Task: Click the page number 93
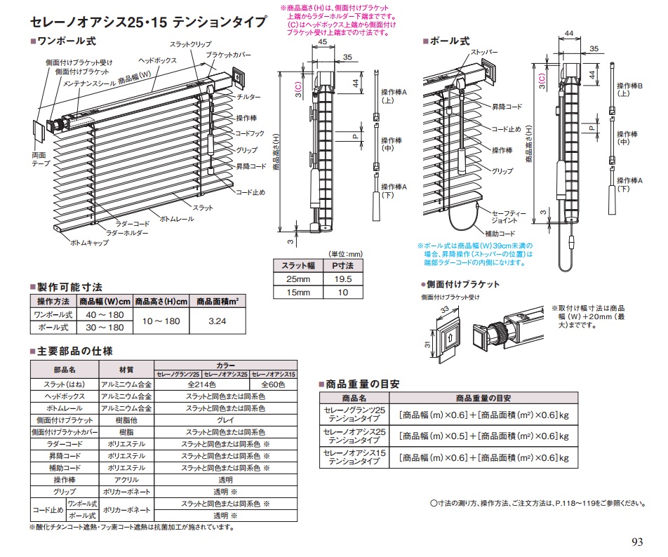click(x=636, y=542)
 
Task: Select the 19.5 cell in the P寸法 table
click(x=343, y=278)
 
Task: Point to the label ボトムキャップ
click(x=89, y=241)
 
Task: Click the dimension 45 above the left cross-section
click(x=322, y=42)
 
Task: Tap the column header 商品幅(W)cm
click(x=105, y=302)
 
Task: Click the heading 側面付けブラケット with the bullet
click(x=464, y=284)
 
